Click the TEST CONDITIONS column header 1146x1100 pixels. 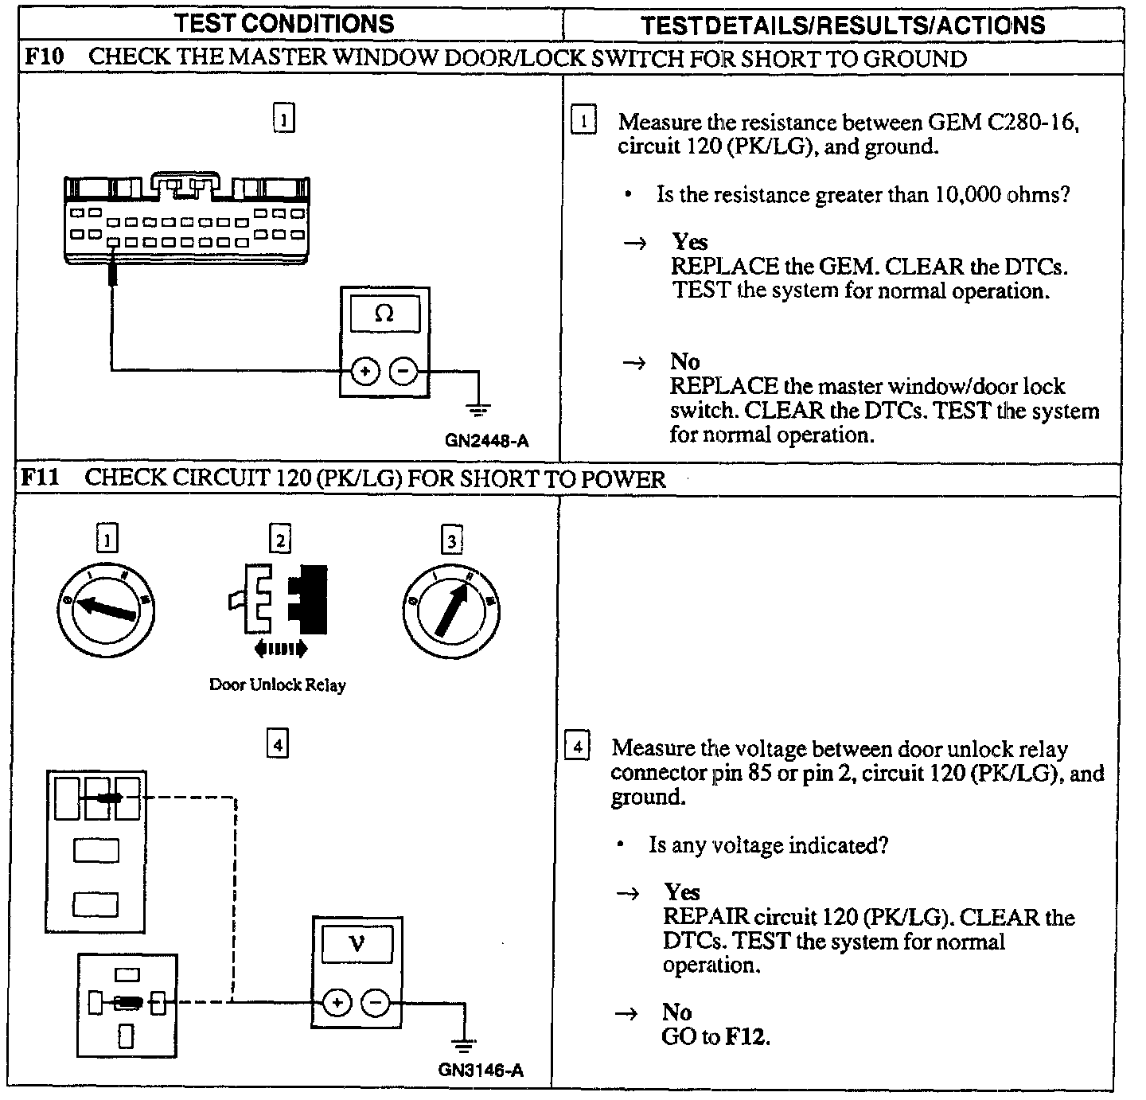(284, 24)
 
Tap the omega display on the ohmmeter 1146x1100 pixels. (384, 314)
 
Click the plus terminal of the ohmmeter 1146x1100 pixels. (365, 372)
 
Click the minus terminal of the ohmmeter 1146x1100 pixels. (403, 372)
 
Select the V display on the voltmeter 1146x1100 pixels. (357, 944)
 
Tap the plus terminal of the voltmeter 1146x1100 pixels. (337, 1003)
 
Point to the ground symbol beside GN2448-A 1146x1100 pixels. (477, 411)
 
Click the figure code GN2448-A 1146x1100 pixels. (486, 440)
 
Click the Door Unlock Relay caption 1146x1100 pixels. (277, 685)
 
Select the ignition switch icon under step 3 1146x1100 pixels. (451, 610)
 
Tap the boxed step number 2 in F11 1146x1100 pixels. (279, 540)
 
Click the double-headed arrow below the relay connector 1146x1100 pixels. (280, 649)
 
